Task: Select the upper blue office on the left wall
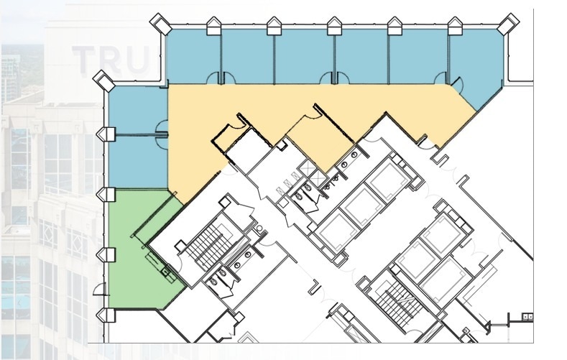[x=137, y=111]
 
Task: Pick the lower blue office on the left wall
[x=137, y=162]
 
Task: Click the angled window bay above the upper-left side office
[x=103, y=78]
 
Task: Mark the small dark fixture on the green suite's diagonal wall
[x=166, y=272]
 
